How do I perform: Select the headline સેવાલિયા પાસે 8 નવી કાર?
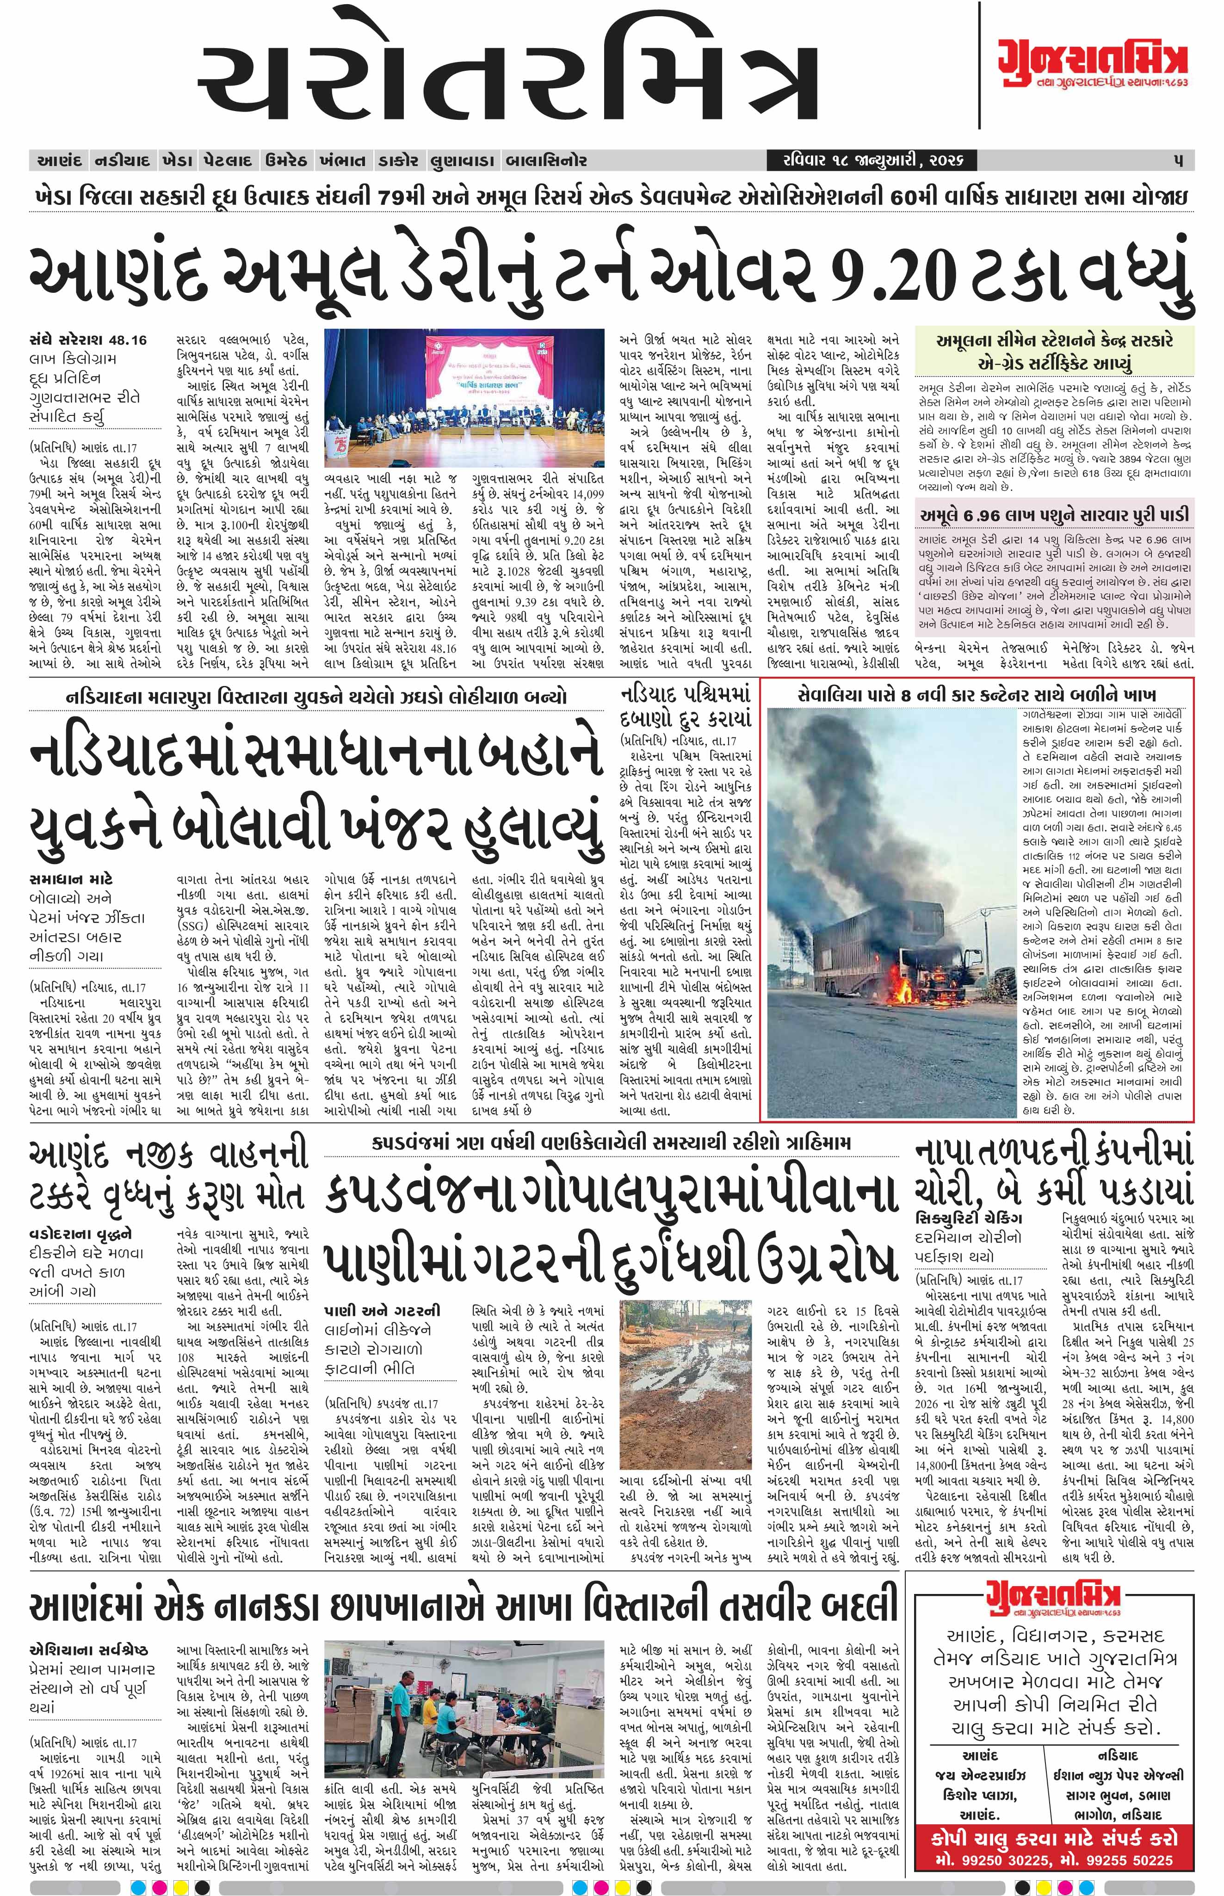977,694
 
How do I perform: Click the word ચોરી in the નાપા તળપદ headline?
954,1192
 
